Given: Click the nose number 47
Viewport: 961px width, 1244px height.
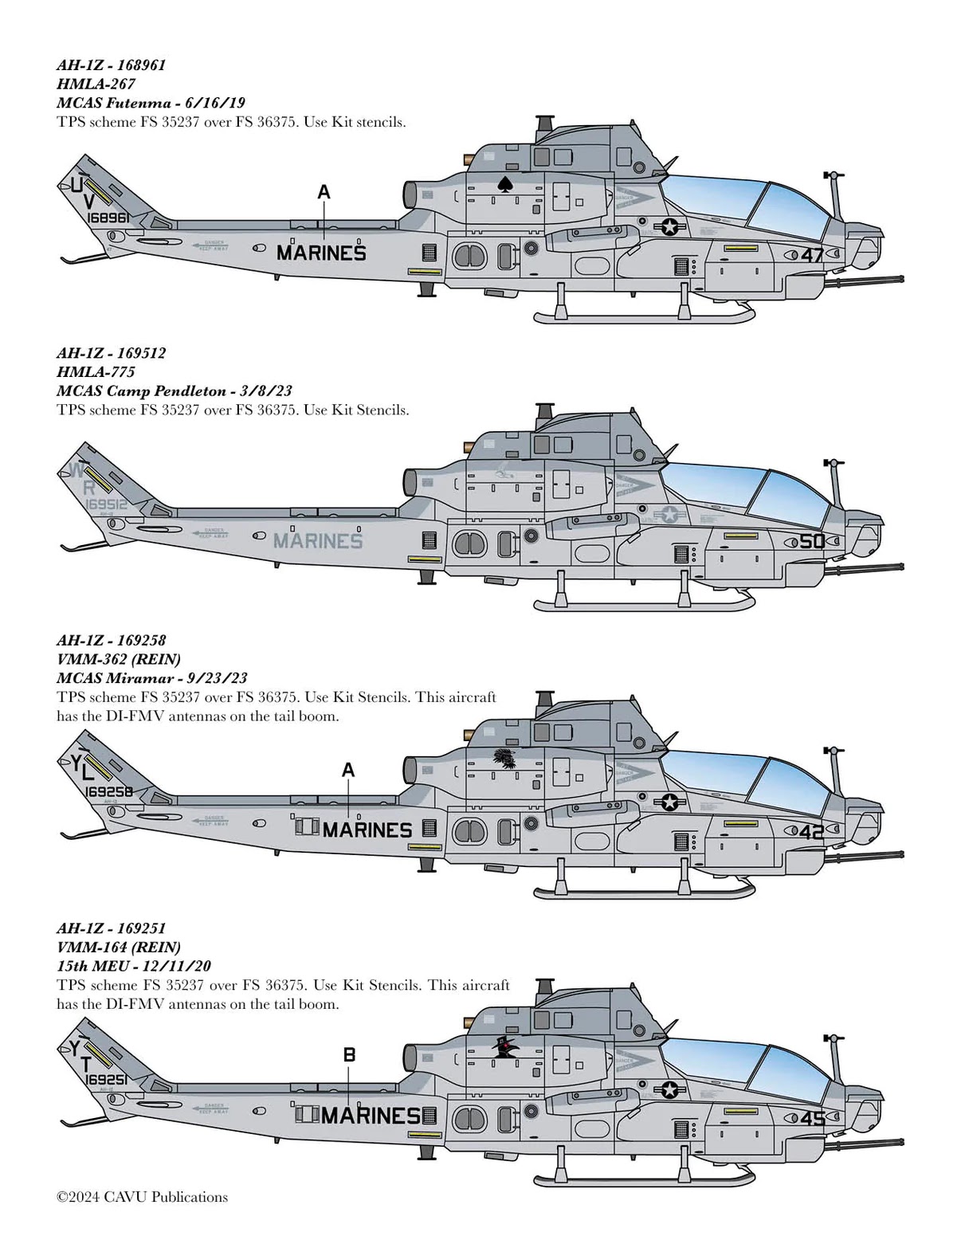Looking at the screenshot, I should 812,256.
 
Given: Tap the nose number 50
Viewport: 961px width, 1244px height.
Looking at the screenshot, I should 812,542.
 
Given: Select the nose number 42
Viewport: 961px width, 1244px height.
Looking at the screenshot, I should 812,832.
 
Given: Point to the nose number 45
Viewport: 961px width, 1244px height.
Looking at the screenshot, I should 812,1119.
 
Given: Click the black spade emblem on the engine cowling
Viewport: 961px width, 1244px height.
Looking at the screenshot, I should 504,184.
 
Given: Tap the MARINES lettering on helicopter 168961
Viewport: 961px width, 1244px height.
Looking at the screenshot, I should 321,253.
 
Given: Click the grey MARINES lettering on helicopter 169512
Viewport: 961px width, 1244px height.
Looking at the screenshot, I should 318,541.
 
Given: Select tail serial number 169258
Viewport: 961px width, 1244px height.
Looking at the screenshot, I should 108,792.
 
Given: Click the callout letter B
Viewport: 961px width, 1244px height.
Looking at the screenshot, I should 349,1055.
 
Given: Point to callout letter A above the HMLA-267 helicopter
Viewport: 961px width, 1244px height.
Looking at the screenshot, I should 324,192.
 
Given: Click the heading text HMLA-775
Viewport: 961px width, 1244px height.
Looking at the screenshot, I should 96,371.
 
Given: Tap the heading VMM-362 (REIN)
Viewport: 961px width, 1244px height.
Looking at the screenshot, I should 119,659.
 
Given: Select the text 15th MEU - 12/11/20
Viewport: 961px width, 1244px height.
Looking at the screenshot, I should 134,966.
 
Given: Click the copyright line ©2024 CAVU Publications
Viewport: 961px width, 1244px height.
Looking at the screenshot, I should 142,1197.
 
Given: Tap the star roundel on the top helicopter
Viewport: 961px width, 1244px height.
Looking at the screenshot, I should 669,227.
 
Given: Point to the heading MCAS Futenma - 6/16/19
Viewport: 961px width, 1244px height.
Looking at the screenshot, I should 151,103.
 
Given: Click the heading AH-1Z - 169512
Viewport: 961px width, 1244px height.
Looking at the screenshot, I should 111,352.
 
